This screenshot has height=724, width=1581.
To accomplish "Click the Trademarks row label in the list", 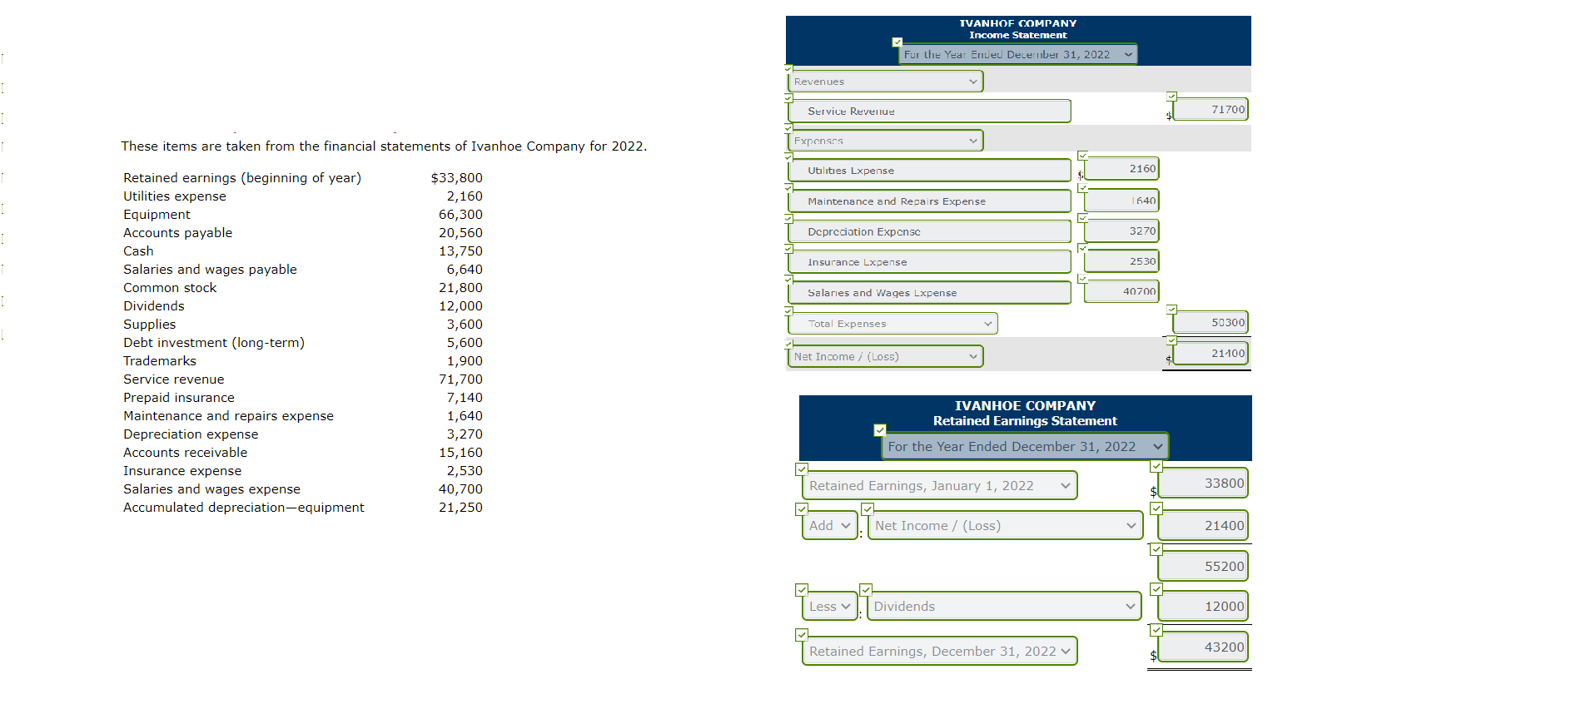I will click(x=160, y=361).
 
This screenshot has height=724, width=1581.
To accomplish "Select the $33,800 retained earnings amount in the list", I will click(x=456, y=178).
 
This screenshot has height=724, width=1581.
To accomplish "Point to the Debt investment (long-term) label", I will click(x=214, y=343).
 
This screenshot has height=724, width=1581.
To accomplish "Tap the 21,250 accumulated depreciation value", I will click(x=460, y=508).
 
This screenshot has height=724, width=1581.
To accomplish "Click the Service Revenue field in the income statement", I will click(x=928, y=112).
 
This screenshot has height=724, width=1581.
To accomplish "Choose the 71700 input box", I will click(x=1211, y=110).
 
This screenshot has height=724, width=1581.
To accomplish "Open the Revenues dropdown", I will click(x=885, y=82).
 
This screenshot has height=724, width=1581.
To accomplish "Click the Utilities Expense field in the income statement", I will click(x=928, y=171).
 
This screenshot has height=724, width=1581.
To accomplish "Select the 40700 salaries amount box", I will click(x=1121, y=291).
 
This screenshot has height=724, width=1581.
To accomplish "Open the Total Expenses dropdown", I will click(x=892, y=324).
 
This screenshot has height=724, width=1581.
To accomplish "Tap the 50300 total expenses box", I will click(x=1211, y=323).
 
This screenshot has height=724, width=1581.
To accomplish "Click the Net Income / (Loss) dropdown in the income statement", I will click(x=885, y=357).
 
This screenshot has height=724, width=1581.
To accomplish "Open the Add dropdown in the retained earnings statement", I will click(x=829, y=526).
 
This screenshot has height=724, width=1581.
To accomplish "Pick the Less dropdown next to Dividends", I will click(x=829, y=607).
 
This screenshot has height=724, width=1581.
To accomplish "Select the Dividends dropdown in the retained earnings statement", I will click(x=1004, y=607).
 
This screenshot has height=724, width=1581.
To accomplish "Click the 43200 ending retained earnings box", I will click(x=1203, y=647).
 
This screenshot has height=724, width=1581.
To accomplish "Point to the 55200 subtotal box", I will click(x=1203, y=567).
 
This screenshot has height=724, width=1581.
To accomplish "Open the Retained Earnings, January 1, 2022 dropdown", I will click(x=939, y=486).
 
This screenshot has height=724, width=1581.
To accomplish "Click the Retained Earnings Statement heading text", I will click(x=1025, y=421).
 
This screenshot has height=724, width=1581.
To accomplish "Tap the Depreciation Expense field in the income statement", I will click(x=928, y=232).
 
